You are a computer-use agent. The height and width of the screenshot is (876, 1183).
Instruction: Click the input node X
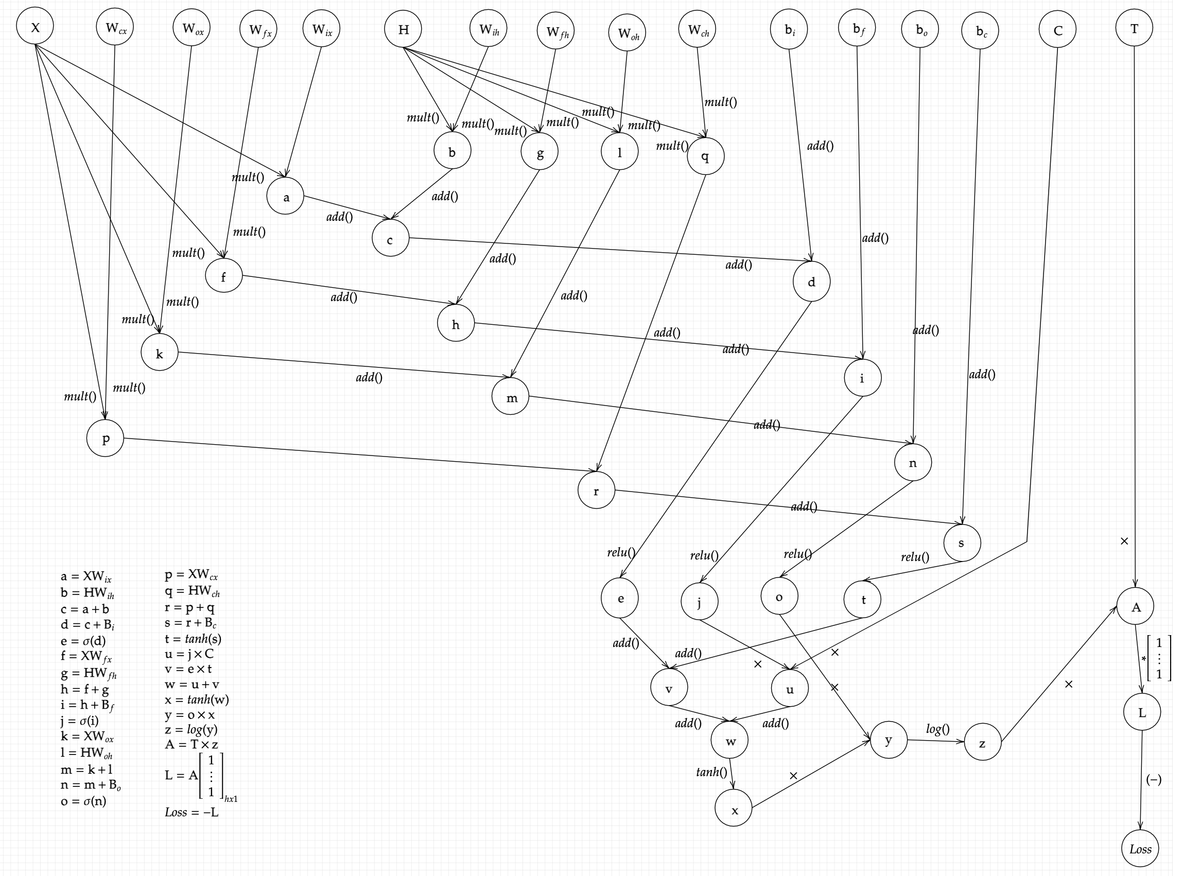(35, 27)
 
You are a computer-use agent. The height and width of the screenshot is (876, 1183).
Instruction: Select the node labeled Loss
(1140, 849)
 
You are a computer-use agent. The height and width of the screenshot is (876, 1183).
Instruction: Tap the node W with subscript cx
(115, 28)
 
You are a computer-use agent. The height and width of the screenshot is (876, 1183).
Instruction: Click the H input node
(404, 29)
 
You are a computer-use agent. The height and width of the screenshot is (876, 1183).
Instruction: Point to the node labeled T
(1134, 28)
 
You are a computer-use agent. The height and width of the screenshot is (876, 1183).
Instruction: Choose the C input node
(1058, 30)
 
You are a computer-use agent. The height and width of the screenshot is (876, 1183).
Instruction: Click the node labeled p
(106, 439)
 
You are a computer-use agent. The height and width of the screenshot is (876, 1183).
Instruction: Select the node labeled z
(983, 743)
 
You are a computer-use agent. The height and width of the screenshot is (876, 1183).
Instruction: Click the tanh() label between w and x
(711, 772)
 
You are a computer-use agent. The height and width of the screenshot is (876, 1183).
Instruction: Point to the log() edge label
(937, 729)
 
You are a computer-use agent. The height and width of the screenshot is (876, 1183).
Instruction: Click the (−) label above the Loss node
(1154, 779)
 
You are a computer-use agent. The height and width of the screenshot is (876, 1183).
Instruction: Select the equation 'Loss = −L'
(192, 812)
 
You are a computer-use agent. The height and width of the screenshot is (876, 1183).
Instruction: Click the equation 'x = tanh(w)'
(197, 699)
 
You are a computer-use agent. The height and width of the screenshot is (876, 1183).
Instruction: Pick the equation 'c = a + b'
(85, 609)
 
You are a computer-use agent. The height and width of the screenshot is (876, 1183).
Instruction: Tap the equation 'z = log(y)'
(191, 730)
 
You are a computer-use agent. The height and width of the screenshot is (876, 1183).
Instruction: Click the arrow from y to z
(936, 741)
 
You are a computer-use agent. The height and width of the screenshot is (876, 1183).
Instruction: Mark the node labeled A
(1136, 607)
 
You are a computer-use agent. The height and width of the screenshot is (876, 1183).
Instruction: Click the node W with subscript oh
(628, 33)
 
